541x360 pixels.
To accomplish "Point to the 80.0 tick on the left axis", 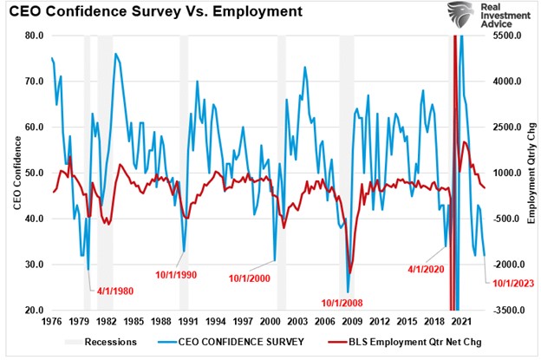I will pyautogui.click(x=33, y=36).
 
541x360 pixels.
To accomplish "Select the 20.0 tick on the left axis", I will pyautogui.click(x=33, y=310).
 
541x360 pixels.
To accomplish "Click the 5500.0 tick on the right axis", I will pyautogui.click(x=502, y=36).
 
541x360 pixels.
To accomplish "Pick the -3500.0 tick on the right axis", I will pyautogui.click(x=502, y=310).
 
